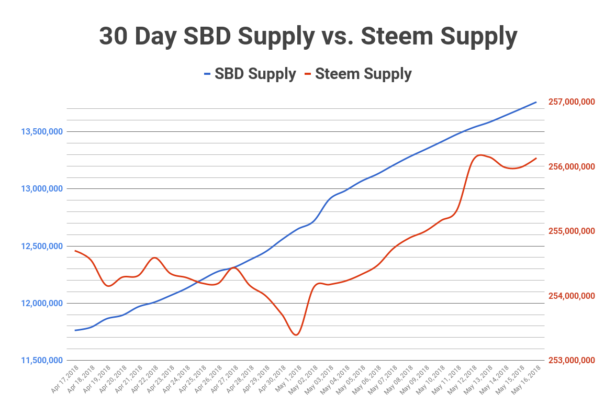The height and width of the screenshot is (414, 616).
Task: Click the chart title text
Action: point(308,37)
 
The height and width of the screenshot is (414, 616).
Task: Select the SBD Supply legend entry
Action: point(250,74)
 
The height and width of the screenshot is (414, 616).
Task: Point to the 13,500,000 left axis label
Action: point(42,131)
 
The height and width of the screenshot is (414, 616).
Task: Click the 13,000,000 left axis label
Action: point(42,189)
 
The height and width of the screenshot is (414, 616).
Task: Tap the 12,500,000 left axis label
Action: point(42,246)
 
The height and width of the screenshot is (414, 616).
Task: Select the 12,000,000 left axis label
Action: point(42,304)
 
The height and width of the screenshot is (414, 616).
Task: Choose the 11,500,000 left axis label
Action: point(42,361)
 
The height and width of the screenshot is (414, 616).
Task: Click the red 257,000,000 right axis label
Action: point(572,102)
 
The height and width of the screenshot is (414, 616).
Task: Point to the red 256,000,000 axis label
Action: point(572,166)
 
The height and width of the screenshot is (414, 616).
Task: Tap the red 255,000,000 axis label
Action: point(572,231)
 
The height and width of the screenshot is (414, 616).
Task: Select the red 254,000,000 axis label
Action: point(572,296)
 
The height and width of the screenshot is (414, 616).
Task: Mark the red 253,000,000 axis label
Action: point(572,361)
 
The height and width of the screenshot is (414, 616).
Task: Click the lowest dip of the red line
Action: point(296,335)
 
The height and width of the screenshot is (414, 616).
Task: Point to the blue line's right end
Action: point(536,102)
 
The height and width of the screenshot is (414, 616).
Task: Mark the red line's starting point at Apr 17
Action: point(75,251)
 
